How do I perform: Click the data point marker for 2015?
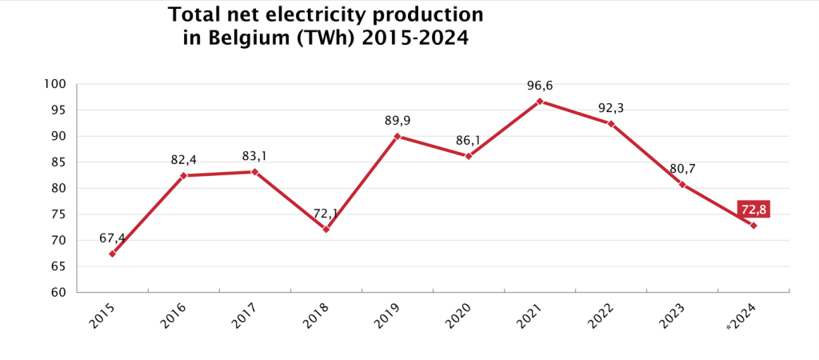point(113,254)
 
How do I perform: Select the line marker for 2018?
point(326,230)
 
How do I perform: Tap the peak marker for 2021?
point(540,102)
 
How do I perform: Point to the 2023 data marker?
point(682,185)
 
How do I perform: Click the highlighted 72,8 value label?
point(754,210)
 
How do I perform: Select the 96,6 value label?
point(540,84)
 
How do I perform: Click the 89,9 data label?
point(398,121)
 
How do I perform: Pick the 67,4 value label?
point(113,238)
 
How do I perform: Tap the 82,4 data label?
point(184,160)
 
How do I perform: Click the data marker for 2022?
point(611,124)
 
